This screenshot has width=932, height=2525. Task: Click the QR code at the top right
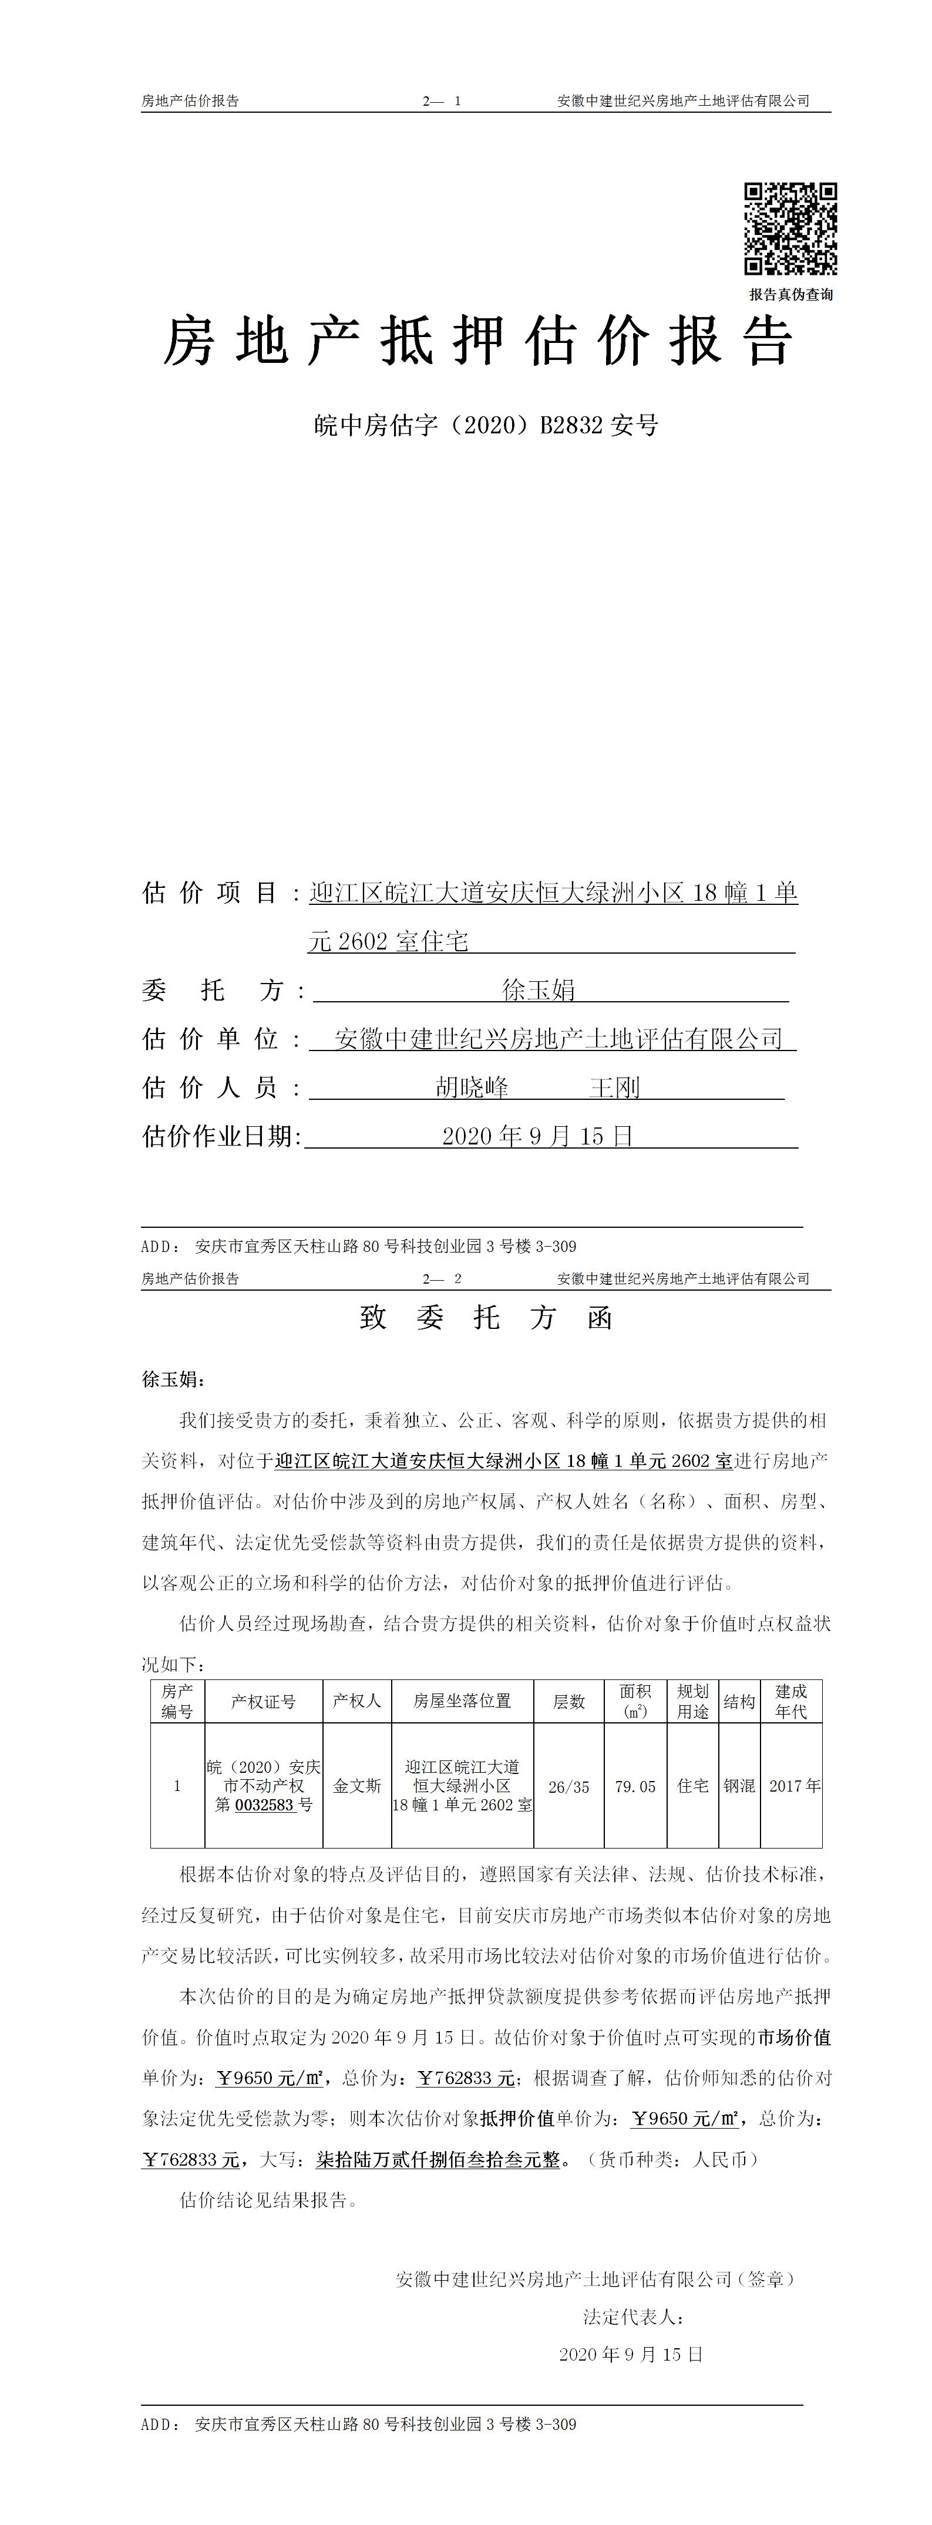tap(790, 228)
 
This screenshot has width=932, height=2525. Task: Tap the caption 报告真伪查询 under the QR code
tap(791, 294)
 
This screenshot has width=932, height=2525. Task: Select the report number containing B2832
tap(486, 425)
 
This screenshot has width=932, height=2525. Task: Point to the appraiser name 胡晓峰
tap(472, 1087)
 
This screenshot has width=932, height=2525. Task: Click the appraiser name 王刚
tap(614, 1087)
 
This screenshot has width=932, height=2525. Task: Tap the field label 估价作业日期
tap(220, 1136)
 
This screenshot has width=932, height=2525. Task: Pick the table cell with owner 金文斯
tap(356, 1786)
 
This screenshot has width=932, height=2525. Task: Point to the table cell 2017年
tap(794, 1786)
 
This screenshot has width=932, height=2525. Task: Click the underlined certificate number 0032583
tap(265, 1804)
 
